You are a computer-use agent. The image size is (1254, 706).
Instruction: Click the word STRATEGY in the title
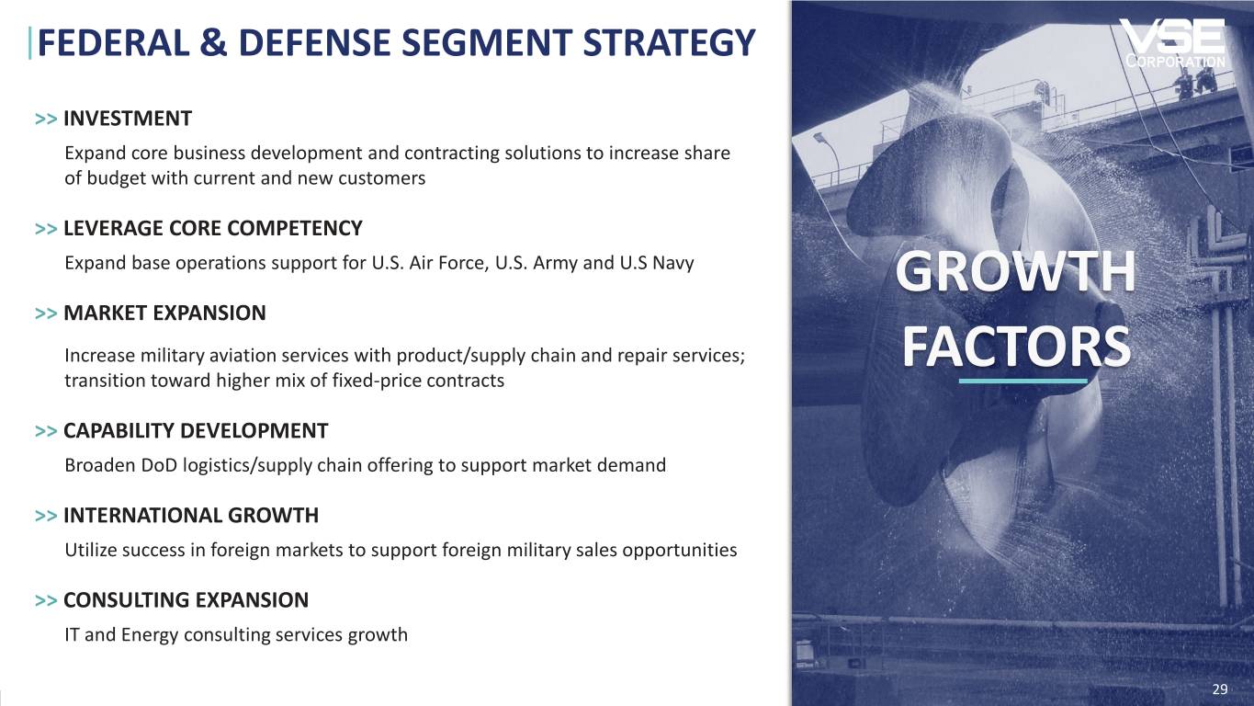(669, 43)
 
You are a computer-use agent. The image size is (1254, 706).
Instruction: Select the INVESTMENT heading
(128, 119)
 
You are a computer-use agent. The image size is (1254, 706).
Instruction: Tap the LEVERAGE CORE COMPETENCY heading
(213, 229)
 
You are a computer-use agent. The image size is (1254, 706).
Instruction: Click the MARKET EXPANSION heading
(164, 313)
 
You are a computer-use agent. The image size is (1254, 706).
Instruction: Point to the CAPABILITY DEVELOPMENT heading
(196, 431)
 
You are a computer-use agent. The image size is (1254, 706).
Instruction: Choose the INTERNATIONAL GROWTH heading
(191, 516)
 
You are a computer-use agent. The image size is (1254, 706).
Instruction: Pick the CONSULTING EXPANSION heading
(186, 600)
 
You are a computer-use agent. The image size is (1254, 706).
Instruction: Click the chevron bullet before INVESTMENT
(46, 120)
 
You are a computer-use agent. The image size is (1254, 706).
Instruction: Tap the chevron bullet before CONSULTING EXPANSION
(46, 600)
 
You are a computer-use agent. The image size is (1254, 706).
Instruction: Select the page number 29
(1220, 689)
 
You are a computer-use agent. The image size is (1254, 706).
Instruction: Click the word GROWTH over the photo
(1015, 272)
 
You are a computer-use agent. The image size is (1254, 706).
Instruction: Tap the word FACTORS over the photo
(1016, 347)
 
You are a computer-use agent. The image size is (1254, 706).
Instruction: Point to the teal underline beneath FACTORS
(1022, 381)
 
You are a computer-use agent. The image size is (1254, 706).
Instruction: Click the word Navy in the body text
(672, 263)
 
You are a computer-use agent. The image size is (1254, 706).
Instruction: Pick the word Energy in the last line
(150, 635)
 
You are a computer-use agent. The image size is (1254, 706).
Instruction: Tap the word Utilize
(91, 551)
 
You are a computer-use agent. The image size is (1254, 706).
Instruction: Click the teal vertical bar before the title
(29, 44)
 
